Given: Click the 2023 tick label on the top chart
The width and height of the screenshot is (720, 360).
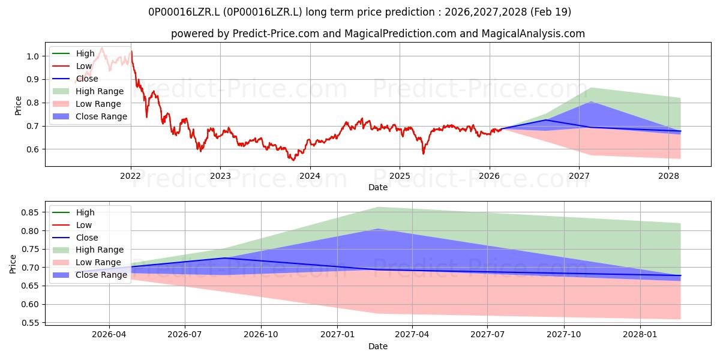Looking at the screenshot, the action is point(220,176).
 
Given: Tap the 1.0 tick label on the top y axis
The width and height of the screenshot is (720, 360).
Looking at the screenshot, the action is point(32,56).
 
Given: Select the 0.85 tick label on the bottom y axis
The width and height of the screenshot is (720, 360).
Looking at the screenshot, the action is point(29,212).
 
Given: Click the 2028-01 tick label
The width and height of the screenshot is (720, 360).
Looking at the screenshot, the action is point(640,335).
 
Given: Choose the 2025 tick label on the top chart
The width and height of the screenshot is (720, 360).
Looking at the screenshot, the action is point(400,176).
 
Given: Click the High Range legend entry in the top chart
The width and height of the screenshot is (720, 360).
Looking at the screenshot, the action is point(88,91).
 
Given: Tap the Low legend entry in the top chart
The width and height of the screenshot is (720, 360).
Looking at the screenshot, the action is point(72,66).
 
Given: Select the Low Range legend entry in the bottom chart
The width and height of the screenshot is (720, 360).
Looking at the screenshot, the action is point(86,262).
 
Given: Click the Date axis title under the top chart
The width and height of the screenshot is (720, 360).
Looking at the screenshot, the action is point(378,187).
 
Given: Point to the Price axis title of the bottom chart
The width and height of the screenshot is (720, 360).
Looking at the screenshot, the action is point(13,264).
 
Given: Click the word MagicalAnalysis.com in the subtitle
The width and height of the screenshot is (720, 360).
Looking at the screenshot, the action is point(533,34).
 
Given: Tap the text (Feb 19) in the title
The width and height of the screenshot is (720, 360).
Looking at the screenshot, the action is point(551,12).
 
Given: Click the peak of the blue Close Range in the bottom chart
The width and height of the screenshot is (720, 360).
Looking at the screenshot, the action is point(379,229).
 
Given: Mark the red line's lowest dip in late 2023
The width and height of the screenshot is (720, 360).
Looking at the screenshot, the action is point(293,160).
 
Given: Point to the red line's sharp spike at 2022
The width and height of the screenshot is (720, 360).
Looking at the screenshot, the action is point(131,52).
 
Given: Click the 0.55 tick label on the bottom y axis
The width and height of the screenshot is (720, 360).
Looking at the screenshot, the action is point(29,323).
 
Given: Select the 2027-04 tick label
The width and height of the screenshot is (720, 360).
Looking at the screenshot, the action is point(412,335).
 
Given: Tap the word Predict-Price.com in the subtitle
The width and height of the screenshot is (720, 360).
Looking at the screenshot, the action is point(275,34).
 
